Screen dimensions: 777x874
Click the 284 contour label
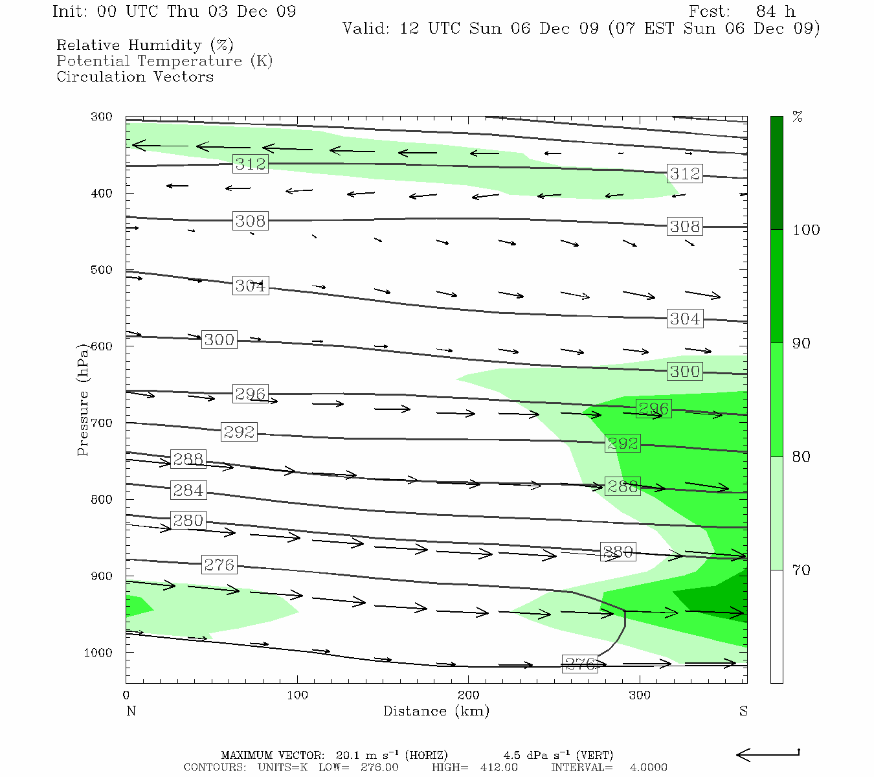click(x=188, y=490)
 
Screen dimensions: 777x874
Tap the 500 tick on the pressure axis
click(x=102, y=270)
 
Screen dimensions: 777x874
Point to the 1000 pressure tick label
click(x=98, y=653)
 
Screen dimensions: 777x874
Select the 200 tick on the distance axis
click(x=469, y=695)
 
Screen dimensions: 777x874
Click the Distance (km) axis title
click(x=436, y=711)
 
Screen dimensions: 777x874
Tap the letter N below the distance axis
click(x=131, y=711)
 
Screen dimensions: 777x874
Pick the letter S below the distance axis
click(x=743, y=711)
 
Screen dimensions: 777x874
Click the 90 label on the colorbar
click(x=801, y=343)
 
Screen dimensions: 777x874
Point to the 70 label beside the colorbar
click(x=801, y=570)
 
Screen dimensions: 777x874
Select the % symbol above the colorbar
click(x=798, y=117)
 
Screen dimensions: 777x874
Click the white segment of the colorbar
click(x=776, y=626)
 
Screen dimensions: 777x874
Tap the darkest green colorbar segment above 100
click(x=776, y=173)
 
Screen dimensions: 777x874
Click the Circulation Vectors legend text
click(x=135, y=76)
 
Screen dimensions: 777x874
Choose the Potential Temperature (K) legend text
click(x=164, y=61)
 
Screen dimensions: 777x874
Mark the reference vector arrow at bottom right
click(x=768, y=754)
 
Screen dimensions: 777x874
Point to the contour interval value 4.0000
click(x=648, y=767)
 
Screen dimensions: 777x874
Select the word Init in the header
click(x=69, y=12)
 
